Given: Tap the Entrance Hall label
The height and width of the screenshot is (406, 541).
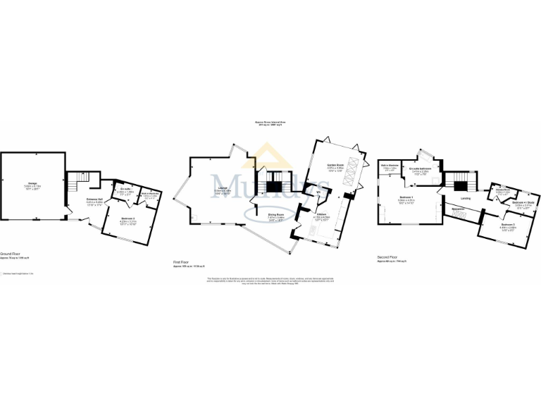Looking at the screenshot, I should click(94, 201).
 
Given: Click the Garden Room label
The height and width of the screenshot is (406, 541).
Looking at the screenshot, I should click(335, 166).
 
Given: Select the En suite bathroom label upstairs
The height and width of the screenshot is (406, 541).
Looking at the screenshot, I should click(421, 169).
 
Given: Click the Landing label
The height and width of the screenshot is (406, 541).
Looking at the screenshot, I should click(466, 198).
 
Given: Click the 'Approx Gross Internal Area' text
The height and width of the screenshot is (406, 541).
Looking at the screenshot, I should click(270, 123).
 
